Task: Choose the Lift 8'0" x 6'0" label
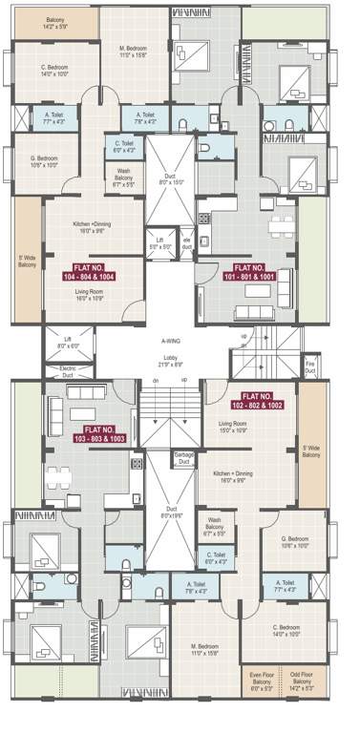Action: (67, 344)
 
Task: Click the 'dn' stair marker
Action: (153, 382)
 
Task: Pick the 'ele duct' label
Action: (187, 243)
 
